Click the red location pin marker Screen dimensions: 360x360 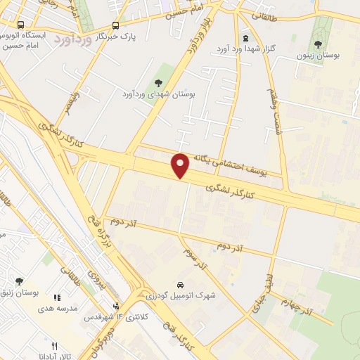click(181, 165)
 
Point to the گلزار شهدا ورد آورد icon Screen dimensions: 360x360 click(245, 38)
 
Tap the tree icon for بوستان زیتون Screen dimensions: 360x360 click(318, 45)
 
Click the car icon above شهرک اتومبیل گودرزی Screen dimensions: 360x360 click(181, 285)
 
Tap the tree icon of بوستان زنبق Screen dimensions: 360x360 click(19, 281)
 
